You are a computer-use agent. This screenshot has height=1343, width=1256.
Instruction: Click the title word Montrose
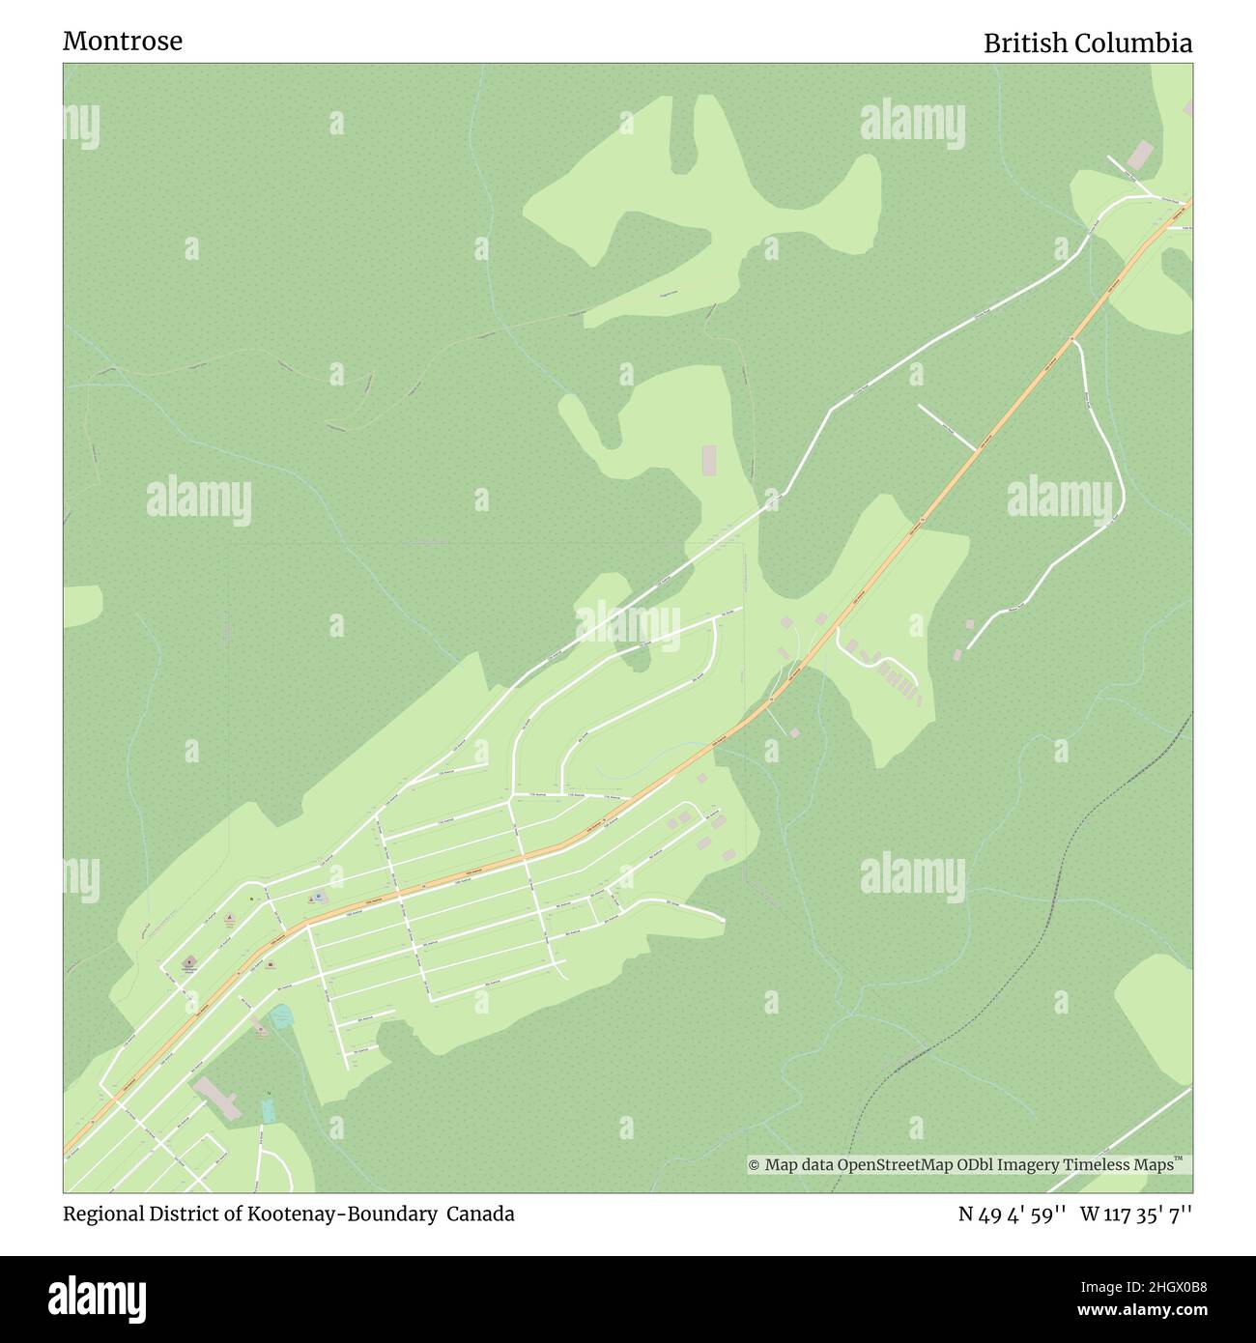[123, 42]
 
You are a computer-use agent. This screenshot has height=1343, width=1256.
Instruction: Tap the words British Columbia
[1087, 43]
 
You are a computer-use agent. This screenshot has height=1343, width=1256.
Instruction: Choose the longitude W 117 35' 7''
[1136, 1214]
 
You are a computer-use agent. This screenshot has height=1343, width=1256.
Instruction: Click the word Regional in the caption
[100, 1214]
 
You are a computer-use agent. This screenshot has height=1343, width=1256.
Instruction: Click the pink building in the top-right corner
[1141, 154]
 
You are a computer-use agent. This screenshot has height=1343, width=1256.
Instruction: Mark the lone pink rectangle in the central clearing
[710, 460]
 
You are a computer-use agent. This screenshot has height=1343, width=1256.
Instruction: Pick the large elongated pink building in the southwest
[217, 1099]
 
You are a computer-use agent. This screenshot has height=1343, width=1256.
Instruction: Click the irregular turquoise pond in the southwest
[281, 1016]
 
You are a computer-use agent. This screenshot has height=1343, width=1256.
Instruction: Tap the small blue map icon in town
[320, 898]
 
